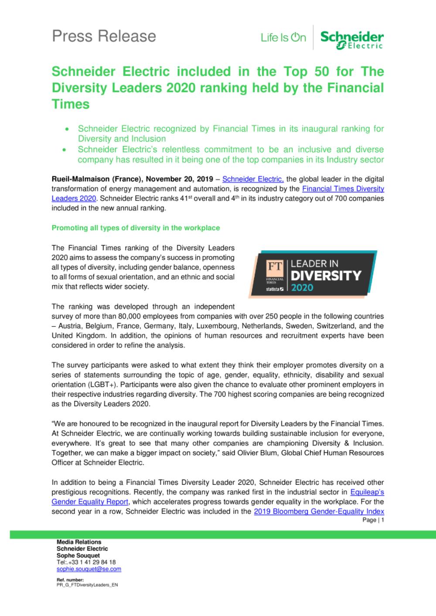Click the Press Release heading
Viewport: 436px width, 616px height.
[104, 36]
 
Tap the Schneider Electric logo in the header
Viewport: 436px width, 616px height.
[352, 40]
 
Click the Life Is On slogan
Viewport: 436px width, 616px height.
[283, 38]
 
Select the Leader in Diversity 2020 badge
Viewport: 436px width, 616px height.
[313, 274]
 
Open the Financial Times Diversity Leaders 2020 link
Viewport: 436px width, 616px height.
[343, 189]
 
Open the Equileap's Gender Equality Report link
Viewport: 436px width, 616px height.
[367, 492]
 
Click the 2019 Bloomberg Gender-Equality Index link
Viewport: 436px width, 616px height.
[319, 511]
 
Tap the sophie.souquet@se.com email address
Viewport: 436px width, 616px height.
[89, 569]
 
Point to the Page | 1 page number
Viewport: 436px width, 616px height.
[373, 520]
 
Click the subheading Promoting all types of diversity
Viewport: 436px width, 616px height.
[136, 228]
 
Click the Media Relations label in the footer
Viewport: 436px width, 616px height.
[79, 542]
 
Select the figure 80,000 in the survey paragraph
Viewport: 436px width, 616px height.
[130, 316]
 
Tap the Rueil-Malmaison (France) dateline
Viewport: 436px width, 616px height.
[97, 179]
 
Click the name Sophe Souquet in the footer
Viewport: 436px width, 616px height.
[78, 555]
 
